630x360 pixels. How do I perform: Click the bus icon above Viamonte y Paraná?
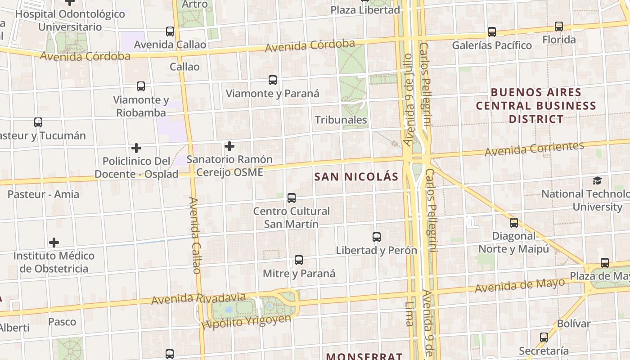pyautogui.click(x=273, y=80)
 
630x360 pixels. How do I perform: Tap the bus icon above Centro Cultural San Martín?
pyautogui.click(x=292, y=198)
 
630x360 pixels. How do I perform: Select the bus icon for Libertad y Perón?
pyautogui.click(x=377, y=237)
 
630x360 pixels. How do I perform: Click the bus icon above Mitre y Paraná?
pyautogui.click(x=299, y=260)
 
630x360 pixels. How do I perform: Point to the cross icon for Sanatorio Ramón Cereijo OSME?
pyautogui.click(x=229, y=146)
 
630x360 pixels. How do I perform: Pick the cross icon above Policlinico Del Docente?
pyautogui.click(x=136, y=148)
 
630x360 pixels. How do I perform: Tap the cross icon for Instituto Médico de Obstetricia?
pyautogui.click(x=54, y=243)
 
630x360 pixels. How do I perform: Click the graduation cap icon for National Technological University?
pyautogui.click(x=597, y=180)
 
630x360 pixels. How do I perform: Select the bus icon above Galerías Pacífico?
pyautogui.click(x=492, y=32)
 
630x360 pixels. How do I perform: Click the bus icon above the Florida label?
pyautogui.click(x=559, y=27)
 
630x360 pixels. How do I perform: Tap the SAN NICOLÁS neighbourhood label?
pyautogui.click(x=356, y=177)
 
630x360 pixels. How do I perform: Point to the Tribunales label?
pyautogui.click(x=341, y=120)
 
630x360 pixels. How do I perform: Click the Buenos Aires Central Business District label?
pyautogui.click(x=536, y=106)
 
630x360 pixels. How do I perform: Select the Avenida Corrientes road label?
pyautogui.click(x=534, y=148)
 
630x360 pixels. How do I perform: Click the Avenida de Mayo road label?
pyautogui.click(x=519, y=285)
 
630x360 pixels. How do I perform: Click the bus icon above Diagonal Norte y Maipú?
pyautogui.click(x=514, y=222)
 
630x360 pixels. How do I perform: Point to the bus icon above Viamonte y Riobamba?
pyautogui.click(x=141, y=86)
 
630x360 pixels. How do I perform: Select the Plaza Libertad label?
pyautogui.click(x=365, y=10)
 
